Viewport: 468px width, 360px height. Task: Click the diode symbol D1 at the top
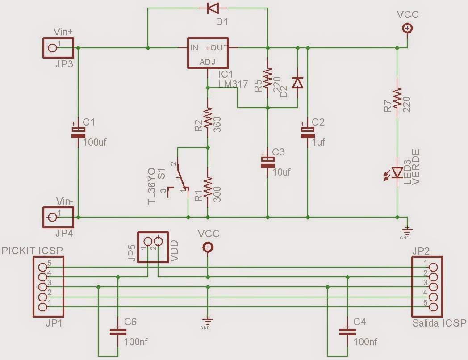point(213,8)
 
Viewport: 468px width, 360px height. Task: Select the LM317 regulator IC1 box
point(208,53)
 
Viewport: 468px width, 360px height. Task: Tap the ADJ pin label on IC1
point(208,62)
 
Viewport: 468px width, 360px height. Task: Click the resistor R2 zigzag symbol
point(208,118)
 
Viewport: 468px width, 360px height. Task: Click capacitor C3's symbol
point(267,162)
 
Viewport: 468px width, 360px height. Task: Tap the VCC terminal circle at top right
point(407,29)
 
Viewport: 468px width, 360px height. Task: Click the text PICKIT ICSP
point(32,250)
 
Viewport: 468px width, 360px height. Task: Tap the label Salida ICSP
point(439,323)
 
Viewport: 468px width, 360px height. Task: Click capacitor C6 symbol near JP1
point(117,332)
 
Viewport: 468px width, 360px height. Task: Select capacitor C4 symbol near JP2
point(347,332)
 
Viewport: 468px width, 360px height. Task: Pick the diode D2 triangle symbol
point(297,83)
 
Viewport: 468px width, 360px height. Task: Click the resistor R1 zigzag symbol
point(208,188)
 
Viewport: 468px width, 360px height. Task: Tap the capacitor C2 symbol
point(308,131)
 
